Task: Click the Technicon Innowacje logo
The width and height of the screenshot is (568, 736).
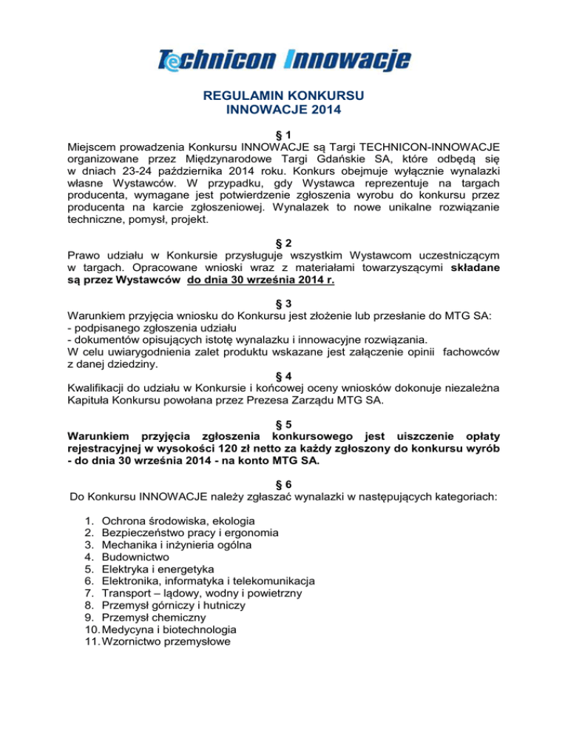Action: pyautogui.click(x=284, y=59)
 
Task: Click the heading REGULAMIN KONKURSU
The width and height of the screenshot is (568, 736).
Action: pyautogui.click(x=284, y=96)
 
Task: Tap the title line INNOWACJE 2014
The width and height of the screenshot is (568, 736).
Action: pyautogui.click(x=284, y=110)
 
